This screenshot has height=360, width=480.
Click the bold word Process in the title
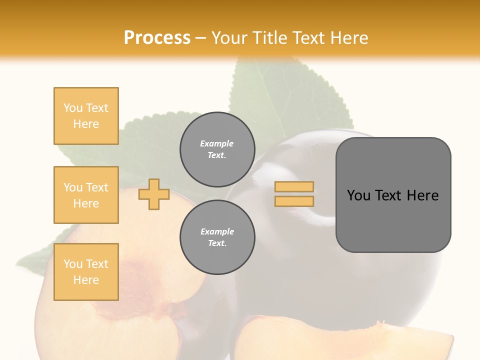pos(157,37)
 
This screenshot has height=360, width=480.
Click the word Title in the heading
pos(268,38)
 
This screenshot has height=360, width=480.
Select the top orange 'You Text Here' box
pos(86,116)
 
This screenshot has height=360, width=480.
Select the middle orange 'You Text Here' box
pos(86,195)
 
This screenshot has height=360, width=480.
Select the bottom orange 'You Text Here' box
pos(86,272)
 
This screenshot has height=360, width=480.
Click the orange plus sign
pos(154,195)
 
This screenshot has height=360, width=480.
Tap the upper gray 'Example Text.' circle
pos(217,149)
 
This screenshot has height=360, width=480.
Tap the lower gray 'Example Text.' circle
pos(217,237)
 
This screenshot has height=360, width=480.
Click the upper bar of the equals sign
pos(294,187)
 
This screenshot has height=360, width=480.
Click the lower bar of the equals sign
pos(294,201)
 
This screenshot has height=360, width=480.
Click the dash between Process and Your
pos(201,38)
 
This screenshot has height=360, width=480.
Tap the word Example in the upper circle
pos(216,143)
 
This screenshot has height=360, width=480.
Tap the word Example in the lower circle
pos(217,231)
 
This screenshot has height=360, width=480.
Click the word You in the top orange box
pos(73,108)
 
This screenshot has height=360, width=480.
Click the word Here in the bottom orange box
pos(86,280)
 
